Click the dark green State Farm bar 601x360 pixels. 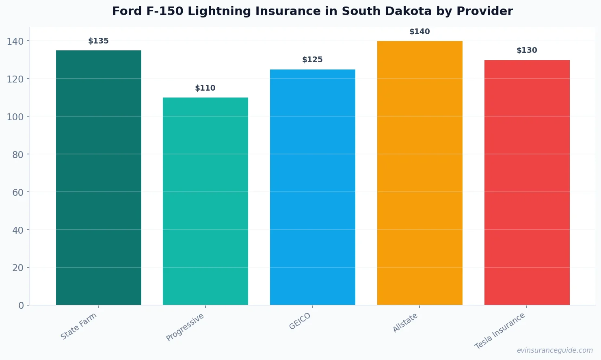[x=99, y=178]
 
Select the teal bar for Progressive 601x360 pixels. [x=205, y=201]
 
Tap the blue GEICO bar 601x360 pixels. [x=313, y=187]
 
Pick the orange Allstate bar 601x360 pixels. [x=419, y=173]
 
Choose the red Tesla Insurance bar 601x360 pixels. [x=527, y=182]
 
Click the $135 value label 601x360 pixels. [x=99, y=41]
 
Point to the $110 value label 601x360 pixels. [x=205, y=88]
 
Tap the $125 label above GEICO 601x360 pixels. [x=313, y=60]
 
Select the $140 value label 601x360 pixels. [x=419, y=32]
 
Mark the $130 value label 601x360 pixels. [x=527, y=50]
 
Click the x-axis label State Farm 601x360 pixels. [x=79, y=326]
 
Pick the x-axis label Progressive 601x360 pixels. [x=185, y=327]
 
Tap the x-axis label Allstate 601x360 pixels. [x=405, y=323]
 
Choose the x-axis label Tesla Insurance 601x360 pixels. [x=500, y=331]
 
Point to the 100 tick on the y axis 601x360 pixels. [x=15, y=117]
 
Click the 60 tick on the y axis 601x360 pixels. [x=17, y=192]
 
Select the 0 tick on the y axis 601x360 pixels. [x=21, y=306]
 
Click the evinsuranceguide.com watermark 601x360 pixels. [x=555, y=350]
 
